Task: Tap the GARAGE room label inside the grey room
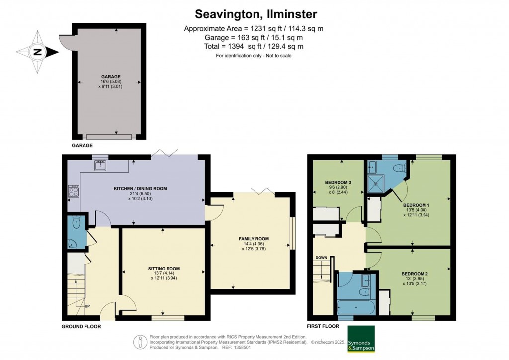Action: (x=111, y=77)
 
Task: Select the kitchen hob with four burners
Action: (x=74, y=191)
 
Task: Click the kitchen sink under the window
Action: (x=101, y=166)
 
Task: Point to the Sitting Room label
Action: (x=164, y=269)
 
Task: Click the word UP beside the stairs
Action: (x=87, y=306)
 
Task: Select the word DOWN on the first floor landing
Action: (x=322, y=258)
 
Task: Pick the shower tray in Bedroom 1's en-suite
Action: (x=376, y=184)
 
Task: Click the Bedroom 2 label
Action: (x=415, y=274)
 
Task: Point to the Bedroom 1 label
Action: (x=416, y=205)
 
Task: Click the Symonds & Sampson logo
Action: (x=361, y=339)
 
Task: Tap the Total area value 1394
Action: (x=236, y=46)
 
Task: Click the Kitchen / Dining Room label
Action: (x=140, y=188)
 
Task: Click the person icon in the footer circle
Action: (x=140, y=342)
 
